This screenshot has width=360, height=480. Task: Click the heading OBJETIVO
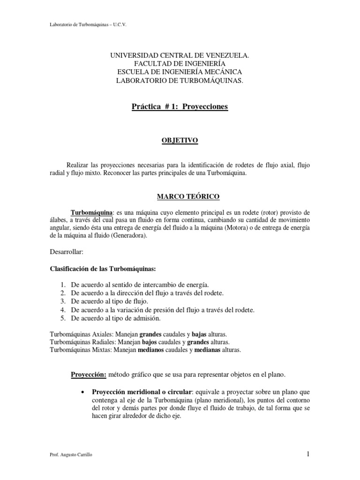[180, 140]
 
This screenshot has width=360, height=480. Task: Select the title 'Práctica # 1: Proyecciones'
[180, 107]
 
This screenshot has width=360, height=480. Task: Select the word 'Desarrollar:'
[66, 252]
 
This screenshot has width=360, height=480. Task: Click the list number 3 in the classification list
[63, 301]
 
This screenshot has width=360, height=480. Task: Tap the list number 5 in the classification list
[63, 318]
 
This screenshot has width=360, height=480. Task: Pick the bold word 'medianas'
[211, 350]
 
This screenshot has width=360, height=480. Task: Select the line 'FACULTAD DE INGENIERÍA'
[180, 63]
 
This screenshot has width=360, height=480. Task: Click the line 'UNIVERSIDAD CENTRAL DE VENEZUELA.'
[180, 55]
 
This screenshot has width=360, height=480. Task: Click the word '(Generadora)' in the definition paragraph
[128, 236]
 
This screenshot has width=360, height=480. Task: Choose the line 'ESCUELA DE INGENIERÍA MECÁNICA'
[180, 72]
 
